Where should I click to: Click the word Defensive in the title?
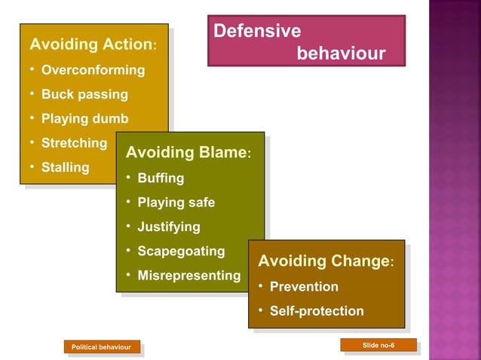click(257, 32)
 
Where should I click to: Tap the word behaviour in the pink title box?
click(341, 54)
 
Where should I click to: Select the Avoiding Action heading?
click(91, 44)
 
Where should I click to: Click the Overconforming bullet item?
click(93, 70)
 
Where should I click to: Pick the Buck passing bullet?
click(84, 95)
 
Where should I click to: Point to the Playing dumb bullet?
click(84, 119)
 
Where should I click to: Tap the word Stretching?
click(74, 143)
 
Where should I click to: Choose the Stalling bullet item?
click(65, 167)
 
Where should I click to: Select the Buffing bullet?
click(161, 178)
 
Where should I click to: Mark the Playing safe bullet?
click(176, 203)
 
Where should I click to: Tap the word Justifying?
click(169, 227)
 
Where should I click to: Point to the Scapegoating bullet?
click(181, 251)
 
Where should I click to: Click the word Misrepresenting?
click(188, 276)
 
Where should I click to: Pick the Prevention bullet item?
click(304, 287)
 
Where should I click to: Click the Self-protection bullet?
click(317, 311)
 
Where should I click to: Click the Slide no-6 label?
click(378, 345)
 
